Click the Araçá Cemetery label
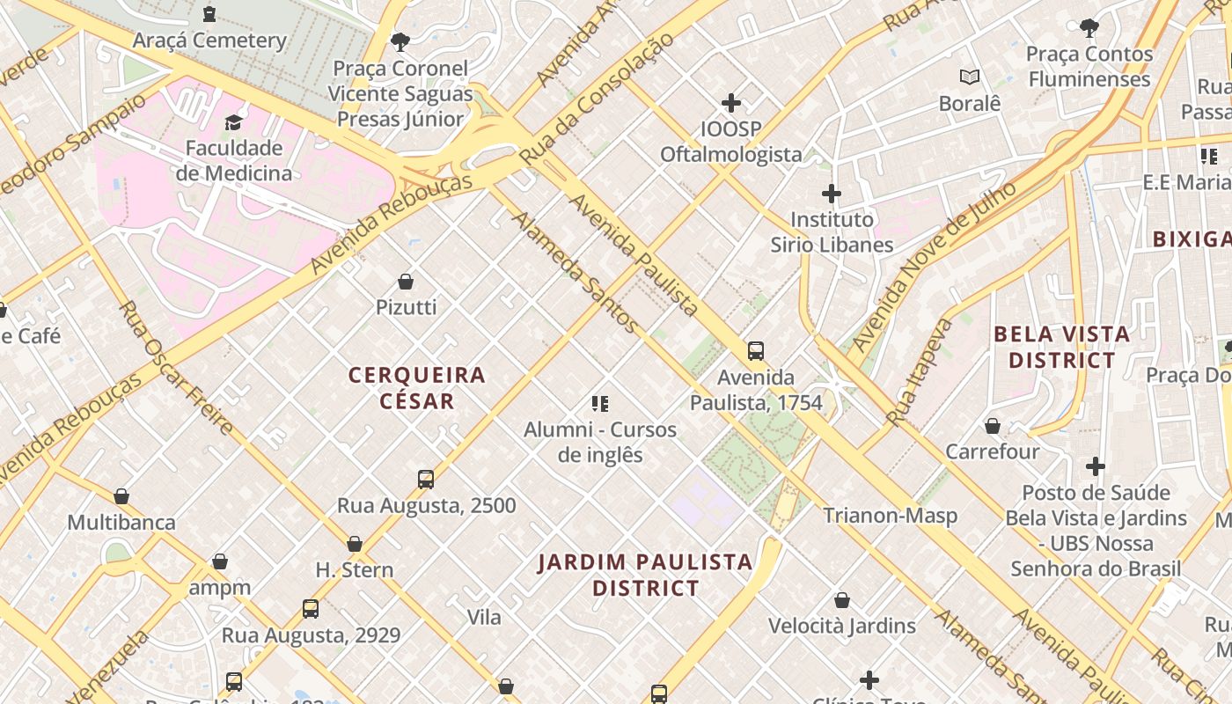(x=209, y=40)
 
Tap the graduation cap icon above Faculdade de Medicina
(x=233, y=122)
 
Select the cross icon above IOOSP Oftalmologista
(x=730, y=103)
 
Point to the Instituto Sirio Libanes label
(x=832, y=232)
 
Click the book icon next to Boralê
(x=970, y=77)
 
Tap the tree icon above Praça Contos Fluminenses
(x=1089, y=28)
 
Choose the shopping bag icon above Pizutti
(x=406, y=282)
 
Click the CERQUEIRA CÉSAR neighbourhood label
(x=417, y=388)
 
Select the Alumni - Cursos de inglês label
(x=600, y=442)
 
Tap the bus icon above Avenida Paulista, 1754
(x=755, y=351)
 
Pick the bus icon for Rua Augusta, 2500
(x=426, y=480)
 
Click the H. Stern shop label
(x=355, y=569)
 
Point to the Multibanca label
(x=121, y=522)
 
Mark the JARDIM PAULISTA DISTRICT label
(x=645, y=575)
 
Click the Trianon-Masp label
(x=890, y=516)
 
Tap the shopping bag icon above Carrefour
(x=993, y=426)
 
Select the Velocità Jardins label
(x=842, y=626)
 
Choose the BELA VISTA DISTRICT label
(x=1061, y=347)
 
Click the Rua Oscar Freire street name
(x=176, y=368)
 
